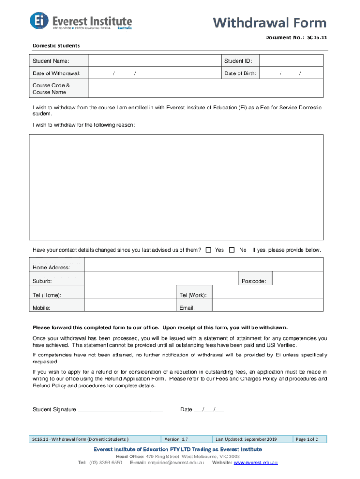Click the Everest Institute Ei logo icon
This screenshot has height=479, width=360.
(39, 21)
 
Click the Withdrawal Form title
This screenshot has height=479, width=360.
(270, 22)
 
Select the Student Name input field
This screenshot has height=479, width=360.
(154, 61)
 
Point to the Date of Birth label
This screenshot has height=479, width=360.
(240, 73)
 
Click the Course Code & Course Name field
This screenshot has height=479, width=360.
(205, 89)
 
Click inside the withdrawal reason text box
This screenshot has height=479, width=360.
(176, 187)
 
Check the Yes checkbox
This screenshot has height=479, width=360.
(209, 250)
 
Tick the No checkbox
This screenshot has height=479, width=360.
(232, 250)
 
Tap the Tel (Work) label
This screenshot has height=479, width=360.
(193, 295)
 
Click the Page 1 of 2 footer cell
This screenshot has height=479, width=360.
(307, 439)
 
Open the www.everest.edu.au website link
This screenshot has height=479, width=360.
(256, 463)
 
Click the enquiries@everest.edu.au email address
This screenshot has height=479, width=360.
(175, 463)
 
